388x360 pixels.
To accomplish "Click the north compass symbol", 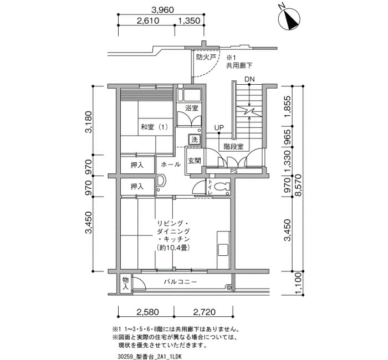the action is pos(289,19).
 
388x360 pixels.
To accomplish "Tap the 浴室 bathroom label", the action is pos(192,108).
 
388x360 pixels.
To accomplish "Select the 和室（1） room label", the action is pos(155,127).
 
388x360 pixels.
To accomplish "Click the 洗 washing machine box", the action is pos(195,140).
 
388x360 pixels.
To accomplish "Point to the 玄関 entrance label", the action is pos(194,161).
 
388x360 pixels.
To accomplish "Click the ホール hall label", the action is pos(171,164).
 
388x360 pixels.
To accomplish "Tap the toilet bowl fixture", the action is pos(222,187).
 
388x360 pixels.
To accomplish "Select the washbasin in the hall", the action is pos(161,181).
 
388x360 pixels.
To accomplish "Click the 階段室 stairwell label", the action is pos(233,147).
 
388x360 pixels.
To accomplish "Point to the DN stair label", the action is pos(249,79).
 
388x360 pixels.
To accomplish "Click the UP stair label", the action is pos(219,127).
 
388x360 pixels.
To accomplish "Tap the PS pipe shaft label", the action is pos(233,171).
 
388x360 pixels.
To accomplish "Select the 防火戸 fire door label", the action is pos(206,58).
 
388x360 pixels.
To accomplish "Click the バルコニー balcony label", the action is pos(180,282).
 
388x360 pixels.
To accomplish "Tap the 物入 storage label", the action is pos(126,284).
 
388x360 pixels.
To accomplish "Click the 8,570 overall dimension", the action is pos(299,186).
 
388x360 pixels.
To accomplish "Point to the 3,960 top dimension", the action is pos(162,10).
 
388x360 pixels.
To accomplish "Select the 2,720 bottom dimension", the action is pos(204,312).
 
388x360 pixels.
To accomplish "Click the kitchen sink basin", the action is pos(223,250).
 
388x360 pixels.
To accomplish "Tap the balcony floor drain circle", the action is pos(229,287).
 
